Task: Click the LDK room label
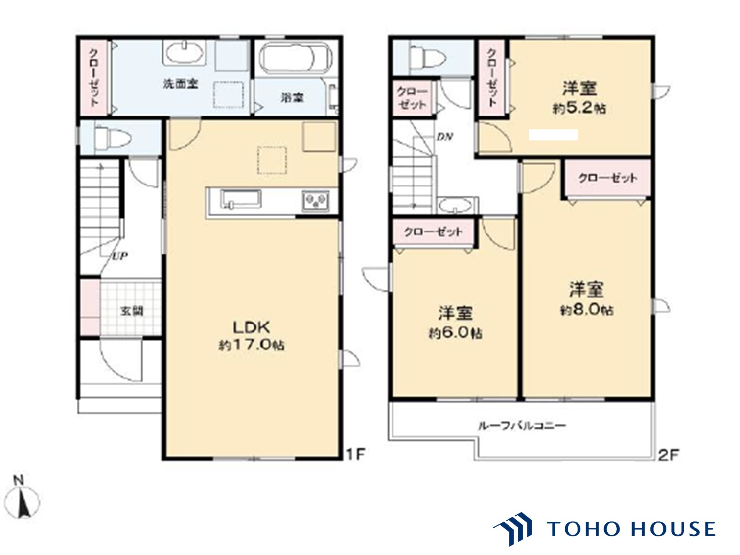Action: point(251,326)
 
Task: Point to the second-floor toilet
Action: point(427,58)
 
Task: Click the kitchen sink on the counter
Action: point(240,200)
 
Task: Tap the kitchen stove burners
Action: point(315,201)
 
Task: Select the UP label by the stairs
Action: point(119,256)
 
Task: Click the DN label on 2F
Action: point(444,137)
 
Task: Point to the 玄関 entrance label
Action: point(132,311)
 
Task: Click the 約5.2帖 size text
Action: point(579,108)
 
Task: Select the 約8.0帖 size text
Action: point(586,310)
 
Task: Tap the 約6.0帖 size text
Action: point(455,333)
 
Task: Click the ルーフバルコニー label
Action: point(522,426)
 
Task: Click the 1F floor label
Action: point(356,454)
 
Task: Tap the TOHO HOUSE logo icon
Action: point(514,529)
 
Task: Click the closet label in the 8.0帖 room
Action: point(608,178)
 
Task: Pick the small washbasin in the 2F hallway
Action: point(455,206)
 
